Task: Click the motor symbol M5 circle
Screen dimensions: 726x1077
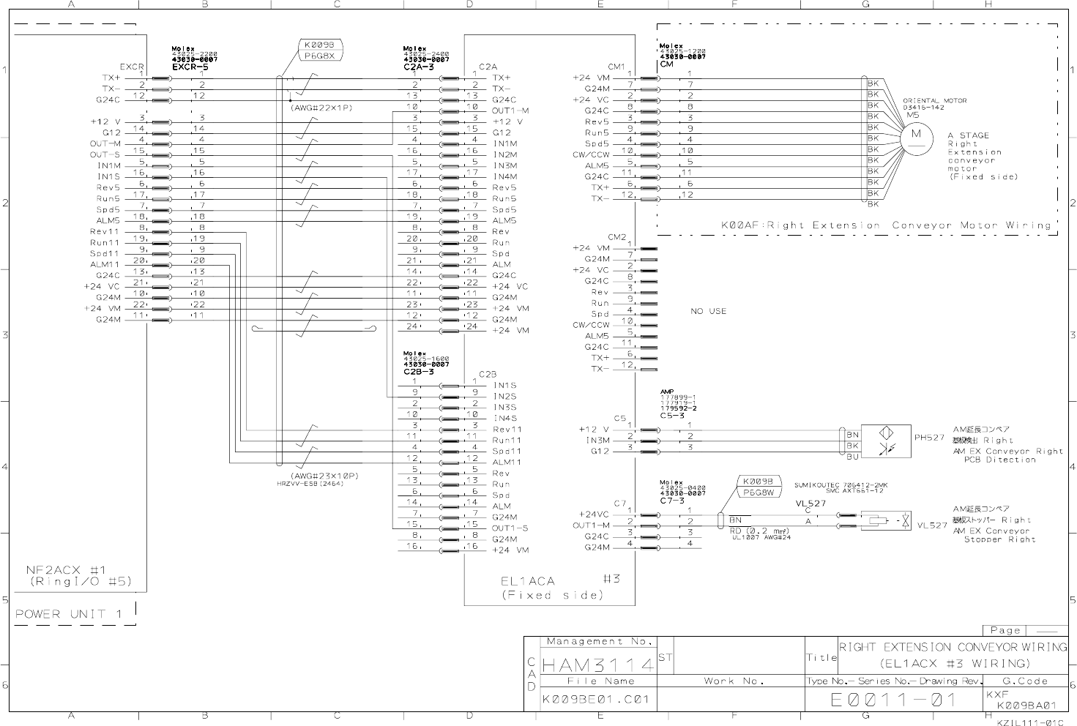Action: click(x=917, y=135)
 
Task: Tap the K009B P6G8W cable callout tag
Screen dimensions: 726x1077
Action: click(x=759, y=487)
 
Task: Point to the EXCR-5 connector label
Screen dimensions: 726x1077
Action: click(x=190, y=67)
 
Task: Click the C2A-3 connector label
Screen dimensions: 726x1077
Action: click(x=419, y=67)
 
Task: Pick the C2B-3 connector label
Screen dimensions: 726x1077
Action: click(x=419, y=372)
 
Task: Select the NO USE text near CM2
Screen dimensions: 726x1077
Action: click(x=708, y=311)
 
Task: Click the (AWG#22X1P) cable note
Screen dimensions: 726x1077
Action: click(x=321, y=108)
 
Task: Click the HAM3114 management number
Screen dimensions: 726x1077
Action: click(x=598, y=665)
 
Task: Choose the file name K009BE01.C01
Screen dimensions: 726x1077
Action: click(x=595, y=699)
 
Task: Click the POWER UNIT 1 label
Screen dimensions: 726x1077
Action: click(x=70, y=613)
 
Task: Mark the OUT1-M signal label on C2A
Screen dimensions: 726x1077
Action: click(x=510, y=111)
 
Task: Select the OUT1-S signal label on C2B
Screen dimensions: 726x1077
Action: click(x=510, y=528)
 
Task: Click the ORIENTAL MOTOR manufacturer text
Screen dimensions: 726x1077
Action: click(x=934, y=100)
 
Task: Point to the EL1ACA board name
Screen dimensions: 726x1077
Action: click(x=528, y=581)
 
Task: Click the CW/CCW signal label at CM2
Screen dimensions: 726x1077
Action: click(x=591, y=325)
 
